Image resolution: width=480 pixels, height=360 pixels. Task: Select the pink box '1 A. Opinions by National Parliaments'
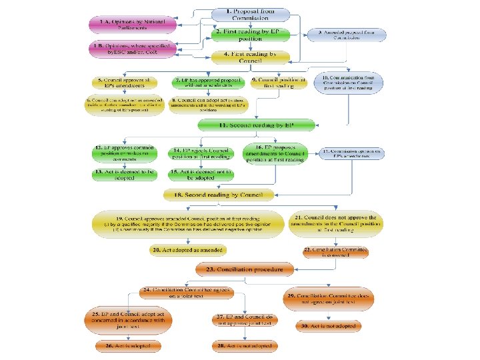click(x=133, y=25)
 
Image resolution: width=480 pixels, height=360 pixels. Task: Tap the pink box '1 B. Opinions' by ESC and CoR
click(x=132, y=48)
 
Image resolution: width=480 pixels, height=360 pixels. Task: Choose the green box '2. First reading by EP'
click(x=251, y=35)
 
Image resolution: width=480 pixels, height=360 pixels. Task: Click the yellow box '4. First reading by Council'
click(x=251, y=57)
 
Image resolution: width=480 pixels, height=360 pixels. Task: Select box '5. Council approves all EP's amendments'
click(x=125, y=83)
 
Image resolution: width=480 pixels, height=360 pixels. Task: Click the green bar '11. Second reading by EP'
click(x=256, y=125)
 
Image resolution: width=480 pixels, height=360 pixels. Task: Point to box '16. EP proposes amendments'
click(x=275, y=154)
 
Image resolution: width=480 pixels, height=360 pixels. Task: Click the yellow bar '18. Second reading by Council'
click(x=214, y=195)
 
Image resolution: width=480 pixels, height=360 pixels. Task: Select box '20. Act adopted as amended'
click(x=187, y=250)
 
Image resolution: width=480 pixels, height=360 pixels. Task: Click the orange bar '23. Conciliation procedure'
click(x=245, y=269)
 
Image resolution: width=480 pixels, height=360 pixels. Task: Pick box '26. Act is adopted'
click(x=126, y=347)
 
